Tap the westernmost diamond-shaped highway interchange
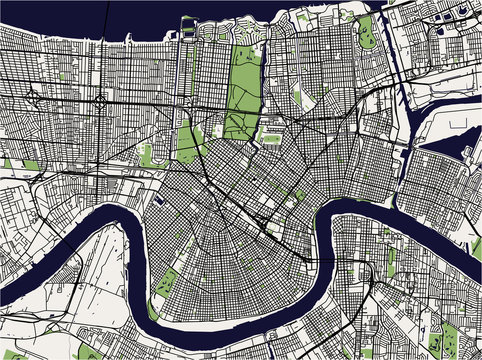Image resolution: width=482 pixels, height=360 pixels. coord(33,98)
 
